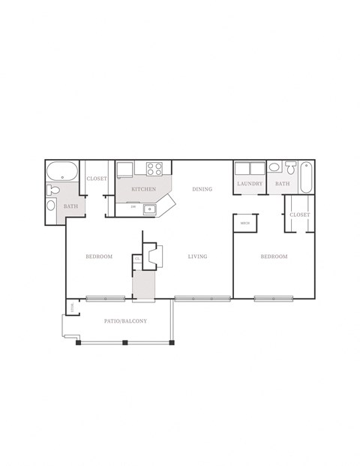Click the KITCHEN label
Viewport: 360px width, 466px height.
[143, 189]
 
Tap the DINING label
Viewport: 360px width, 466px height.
[202, 189]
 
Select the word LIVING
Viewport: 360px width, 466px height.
[197, 257]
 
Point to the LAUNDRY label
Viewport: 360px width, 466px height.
[249, 184]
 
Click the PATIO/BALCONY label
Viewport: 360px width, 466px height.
[125, 321]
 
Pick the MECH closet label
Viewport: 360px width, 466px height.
[245, 223]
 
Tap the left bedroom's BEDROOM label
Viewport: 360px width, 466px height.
[98, 257]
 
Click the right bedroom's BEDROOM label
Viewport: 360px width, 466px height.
[274, 257]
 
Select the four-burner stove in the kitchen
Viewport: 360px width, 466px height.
[155, 169]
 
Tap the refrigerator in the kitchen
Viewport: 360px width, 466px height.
[125, 170]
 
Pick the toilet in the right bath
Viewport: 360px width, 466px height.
[290, 168]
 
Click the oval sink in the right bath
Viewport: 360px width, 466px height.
[274, 167]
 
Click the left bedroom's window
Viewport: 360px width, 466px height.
[104, 299]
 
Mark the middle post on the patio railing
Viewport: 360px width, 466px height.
[125, 343]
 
